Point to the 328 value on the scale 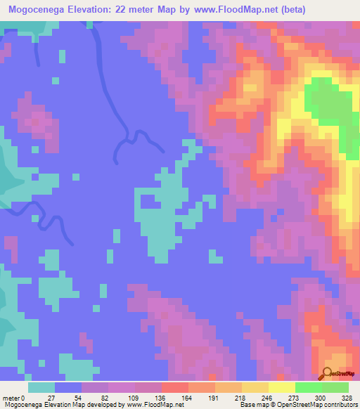[x=334, y=397]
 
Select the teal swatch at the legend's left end [x=41, y=387]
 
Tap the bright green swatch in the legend [x=309, y=387]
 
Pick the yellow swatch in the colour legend [x=282, y=387]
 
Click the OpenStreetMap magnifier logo [x=328, y=373]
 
